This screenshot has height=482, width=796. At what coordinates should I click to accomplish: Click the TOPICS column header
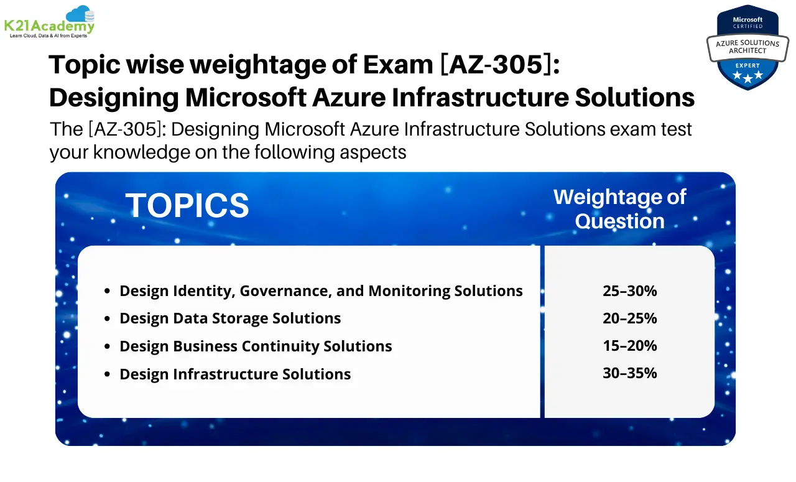(187, 205)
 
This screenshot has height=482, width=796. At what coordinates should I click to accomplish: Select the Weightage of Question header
(619, 208)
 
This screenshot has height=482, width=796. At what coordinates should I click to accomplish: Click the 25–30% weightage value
(629, 290)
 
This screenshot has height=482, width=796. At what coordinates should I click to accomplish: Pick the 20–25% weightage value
(629, 318)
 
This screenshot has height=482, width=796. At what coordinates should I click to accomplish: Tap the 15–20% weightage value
(629, 346)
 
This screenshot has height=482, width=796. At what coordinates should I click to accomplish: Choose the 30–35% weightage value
(629, 373)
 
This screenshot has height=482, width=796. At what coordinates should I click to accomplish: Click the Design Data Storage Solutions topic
(230, 318)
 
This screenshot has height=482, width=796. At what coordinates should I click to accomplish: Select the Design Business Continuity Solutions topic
(256, 346)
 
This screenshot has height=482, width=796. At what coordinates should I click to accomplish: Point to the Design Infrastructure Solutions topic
(235, 374)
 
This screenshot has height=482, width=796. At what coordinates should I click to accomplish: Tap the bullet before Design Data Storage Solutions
(108, 319)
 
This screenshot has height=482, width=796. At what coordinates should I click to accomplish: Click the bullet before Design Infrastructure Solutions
(108, 374)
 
